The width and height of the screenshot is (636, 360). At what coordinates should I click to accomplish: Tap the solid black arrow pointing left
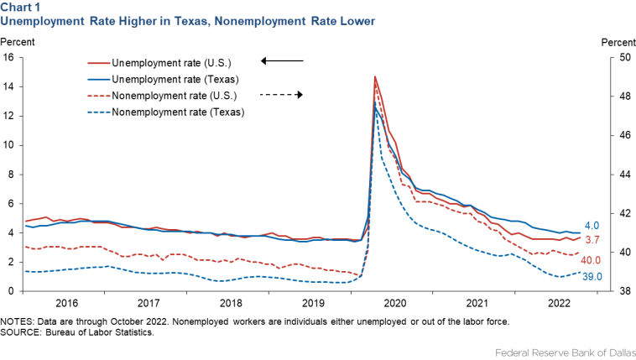click(x=282, y=61)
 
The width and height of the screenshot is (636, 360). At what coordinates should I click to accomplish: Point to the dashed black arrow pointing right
click(x=282, y=95)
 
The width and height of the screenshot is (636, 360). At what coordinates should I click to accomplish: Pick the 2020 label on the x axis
click(x=394, y=303)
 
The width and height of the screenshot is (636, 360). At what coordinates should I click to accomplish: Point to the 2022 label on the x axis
click(x=558, y=303)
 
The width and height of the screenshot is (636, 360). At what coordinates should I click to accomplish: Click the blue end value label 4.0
click(x=592, y=225)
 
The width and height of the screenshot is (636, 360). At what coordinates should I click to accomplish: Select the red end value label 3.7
click(x=592, y=241)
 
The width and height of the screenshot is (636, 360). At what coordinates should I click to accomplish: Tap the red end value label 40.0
click(x=592, y=261)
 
